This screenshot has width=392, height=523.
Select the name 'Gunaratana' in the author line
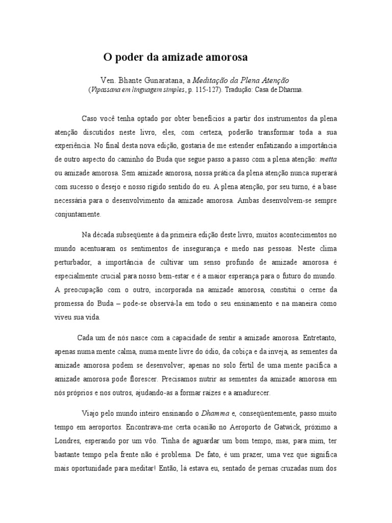click(163, 80)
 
